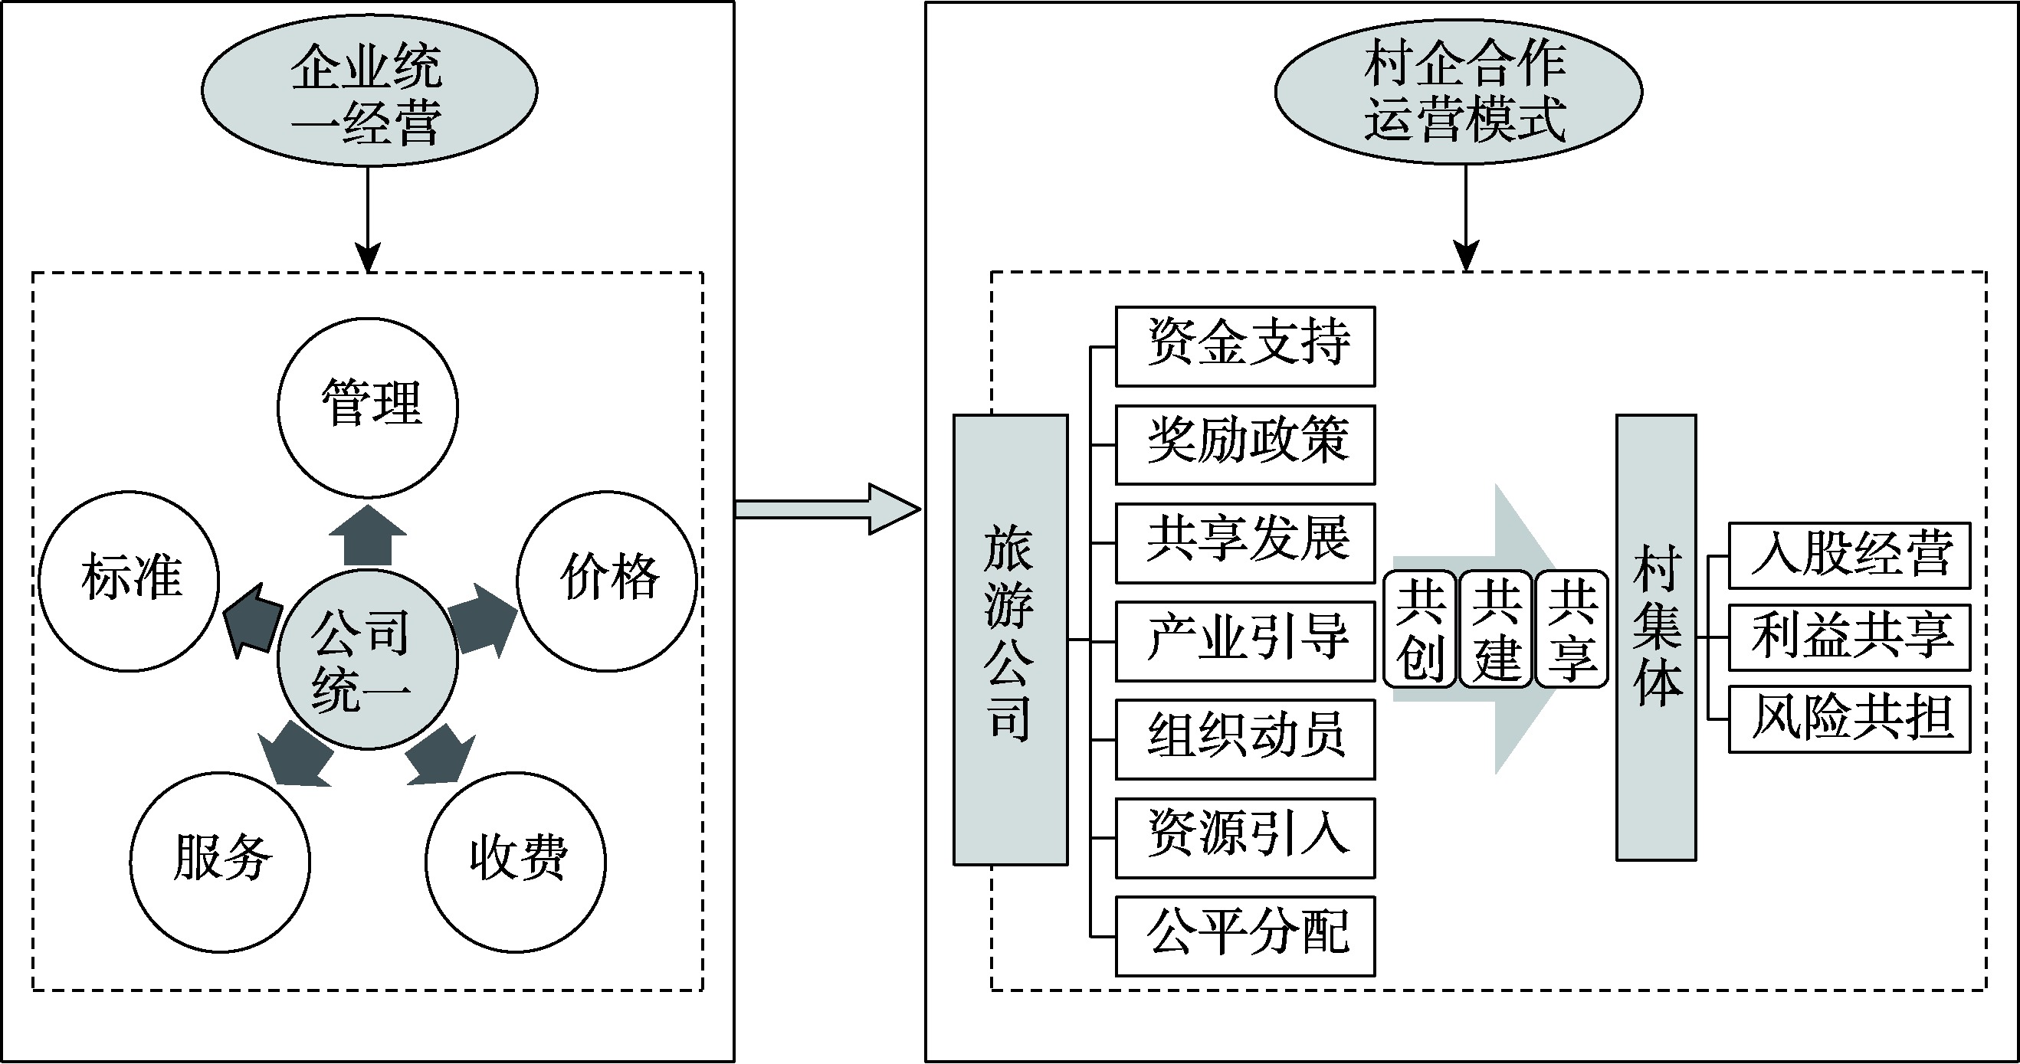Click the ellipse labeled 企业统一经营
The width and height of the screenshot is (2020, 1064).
[x=369, y=90]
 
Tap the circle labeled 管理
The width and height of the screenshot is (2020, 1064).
[x=368, y=408]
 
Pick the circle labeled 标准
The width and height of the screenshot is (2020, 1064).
[x=130, y=581]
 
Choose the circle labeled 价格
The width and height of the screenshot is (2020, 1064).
[x=607, y=581]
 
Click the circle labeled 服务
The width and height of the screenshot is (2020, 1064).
[x=220, y=862]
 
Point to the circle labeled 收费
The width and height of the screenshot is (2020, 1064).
[x=516, y=862]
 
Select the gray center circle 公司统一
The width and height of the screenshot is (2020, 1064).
[x=368, y=659]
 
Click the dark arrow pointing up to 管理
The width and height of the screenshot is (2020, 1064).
[x=368, y=538]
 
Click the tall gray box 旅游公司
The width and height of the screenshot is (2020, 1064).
[x=1010, y=640]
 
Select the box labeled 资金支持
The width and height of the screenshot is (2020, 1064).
[x=1245, y=345]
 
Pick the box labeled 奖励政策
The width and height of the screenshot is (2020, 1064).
[x=1245, y=444]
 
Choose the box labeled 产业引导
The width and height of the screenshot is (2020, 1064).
[x=1245, y=641]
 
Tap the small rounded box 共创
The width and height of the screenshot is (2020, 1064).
[x=1420, y=629]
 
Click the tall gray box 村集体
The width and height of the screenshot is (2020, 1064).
[x=1656, y=637]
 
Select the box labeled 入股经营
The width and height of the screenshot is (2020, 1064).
[x=1849, y=555]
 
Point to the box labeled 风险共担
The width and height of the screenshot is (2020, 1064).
[x=1849, y=719]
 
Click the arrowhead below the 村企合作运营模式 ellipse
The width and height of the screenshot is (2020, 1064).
[x=1466, y=256]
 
